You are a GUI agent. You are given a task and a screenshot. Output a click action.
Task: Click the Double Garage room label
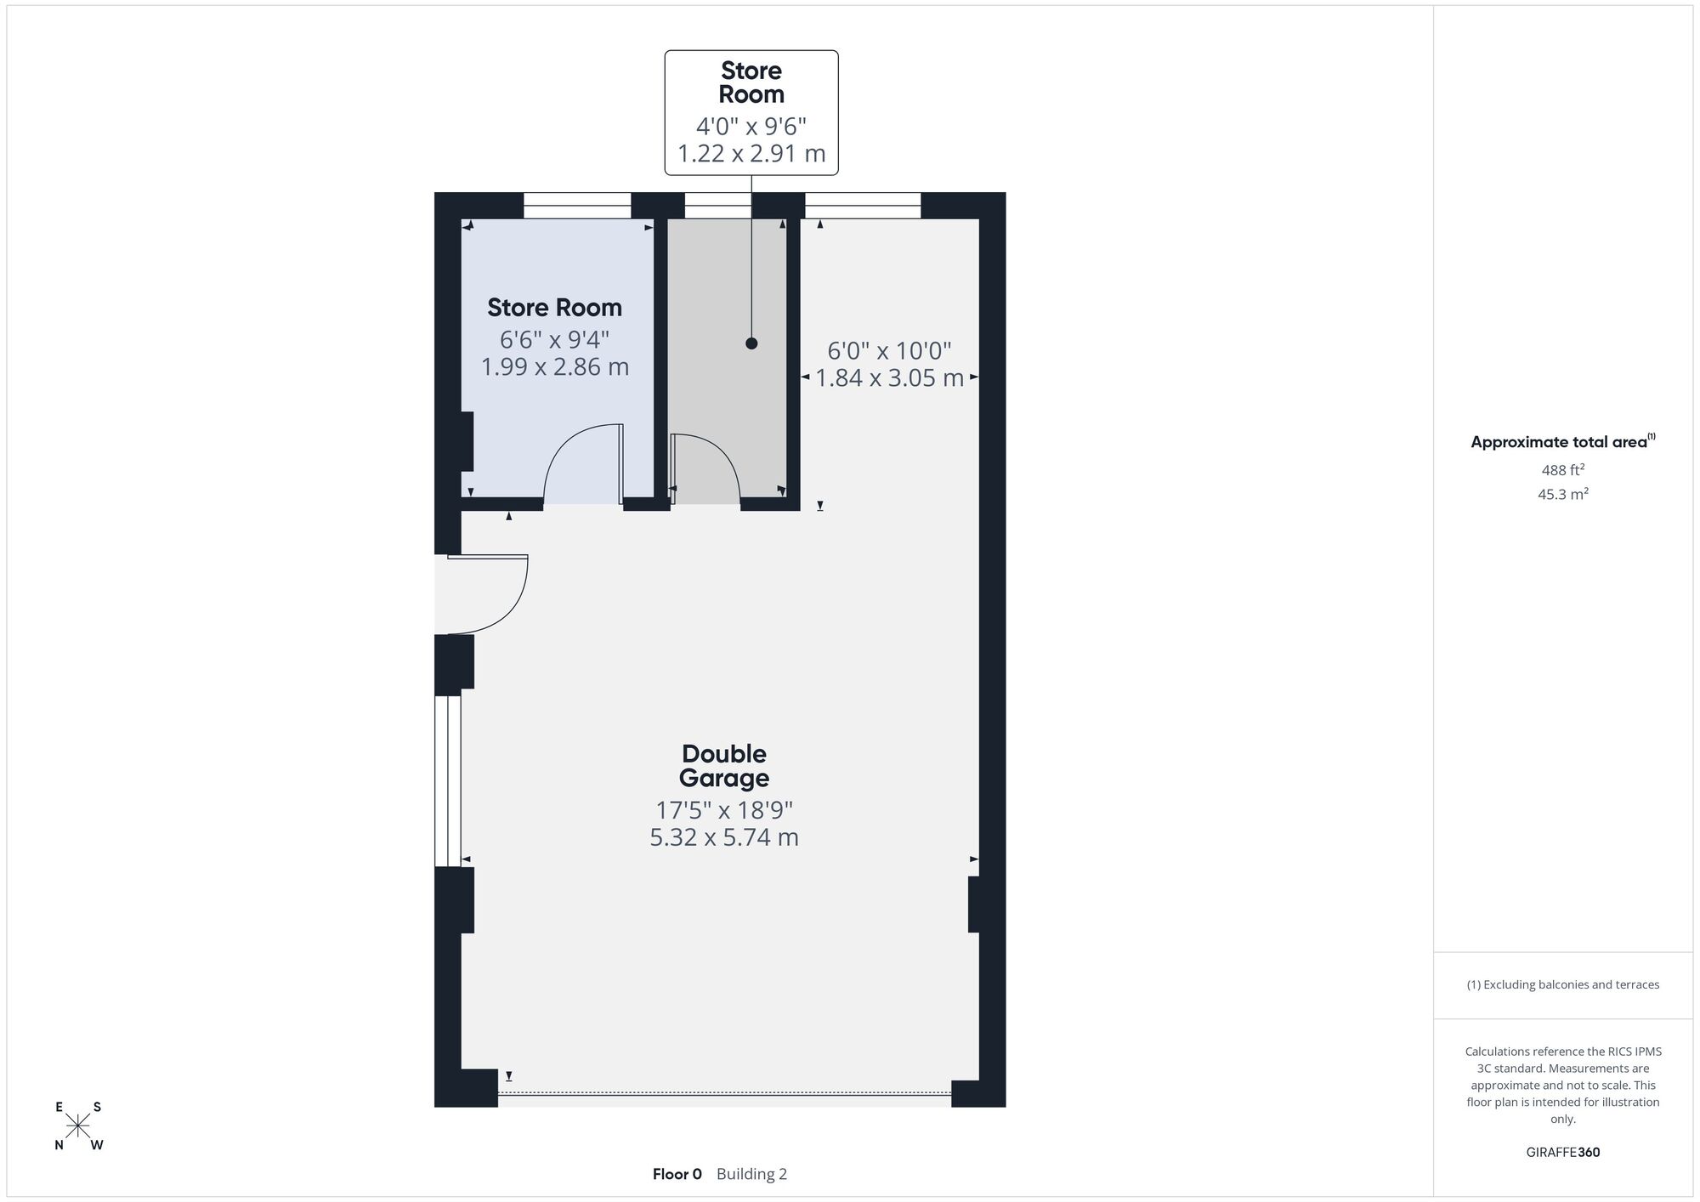pos(724,766)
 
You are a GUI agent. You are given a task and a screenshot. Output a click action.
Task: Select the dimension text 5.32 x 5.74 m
pos(724,837)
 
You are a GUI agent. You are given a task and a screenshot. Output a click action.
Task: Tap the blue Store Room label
pos(554,308)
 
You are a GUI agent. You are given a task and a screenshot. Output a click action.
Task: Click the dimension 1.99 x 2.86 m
pos(555,367)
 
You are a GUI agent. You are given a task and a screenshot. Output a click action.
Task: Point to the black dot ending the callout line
pos(751,343)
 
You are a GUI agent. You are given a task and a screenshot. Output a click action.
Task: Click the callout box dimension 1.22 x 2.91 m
pos(751,154)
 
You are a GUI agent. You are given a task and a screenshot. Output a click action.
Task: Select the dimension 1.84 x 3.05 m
pos(890,378)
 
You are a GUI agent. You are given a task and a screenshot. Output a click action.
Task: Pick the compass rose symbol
pos(78,1125)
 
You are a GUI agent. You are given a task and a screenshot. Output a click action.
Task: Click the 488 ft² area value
pos(1563,470)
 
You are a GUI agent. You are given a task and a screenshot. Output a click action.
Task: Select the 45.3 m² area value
pos(1563,494)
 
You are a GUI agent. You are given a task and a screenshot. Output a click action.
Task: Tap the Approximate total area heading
pos(1563,441)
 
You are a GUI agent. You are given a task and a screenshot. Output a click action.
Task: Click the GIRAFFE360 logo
pos(1563,1153)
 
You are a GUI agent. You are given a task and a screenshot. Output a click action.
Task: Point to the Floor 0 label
pos(677,1174)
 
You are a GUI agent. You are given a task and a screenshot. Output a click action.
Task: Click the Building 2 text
pos(751,1174)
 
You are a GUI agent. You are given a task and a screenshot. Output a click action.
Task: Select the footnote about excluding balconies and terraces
pos(1563,984)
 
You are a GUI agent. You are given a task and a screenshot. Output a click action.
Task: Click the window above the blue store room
pos(577,206)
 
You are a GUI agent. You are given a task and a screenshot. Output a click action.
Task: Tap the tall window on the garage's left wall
pos(448,780)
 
